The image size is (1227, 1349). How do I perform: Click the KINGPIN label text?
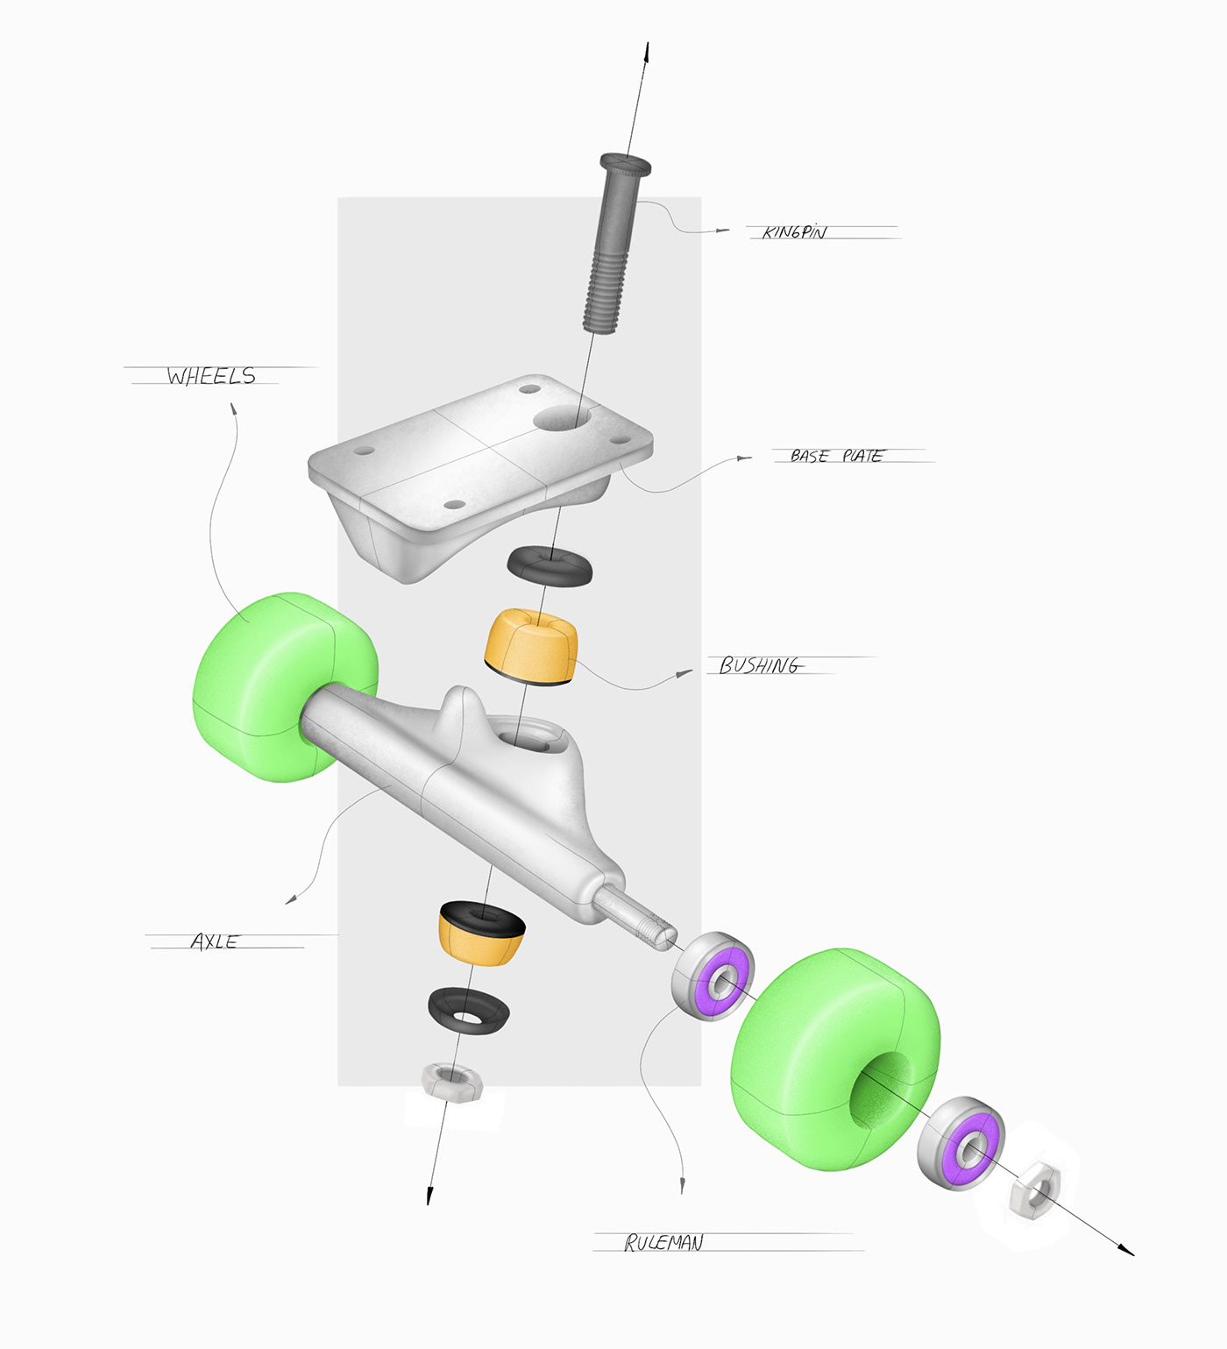coord(794,232)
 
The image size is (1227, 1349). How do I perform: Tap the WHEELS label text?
coord(211,376)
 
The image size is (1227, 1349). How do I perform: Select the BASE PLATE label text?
coord(836,456)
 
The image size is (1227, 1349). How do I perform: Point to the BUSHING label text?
coord(759,666)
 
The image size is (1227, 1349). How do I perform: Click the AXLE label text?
coord(215,942)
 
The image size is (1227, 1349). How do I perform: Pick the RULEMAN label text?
coord(663,1243)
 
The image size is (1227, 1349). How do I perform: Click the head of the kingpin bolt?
coord(625,164)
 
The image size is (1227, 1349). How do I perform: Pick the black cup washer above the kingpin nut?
coord(469,1011)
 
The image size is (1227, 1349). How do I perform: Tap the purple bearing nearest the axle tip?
coord(713,975)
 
